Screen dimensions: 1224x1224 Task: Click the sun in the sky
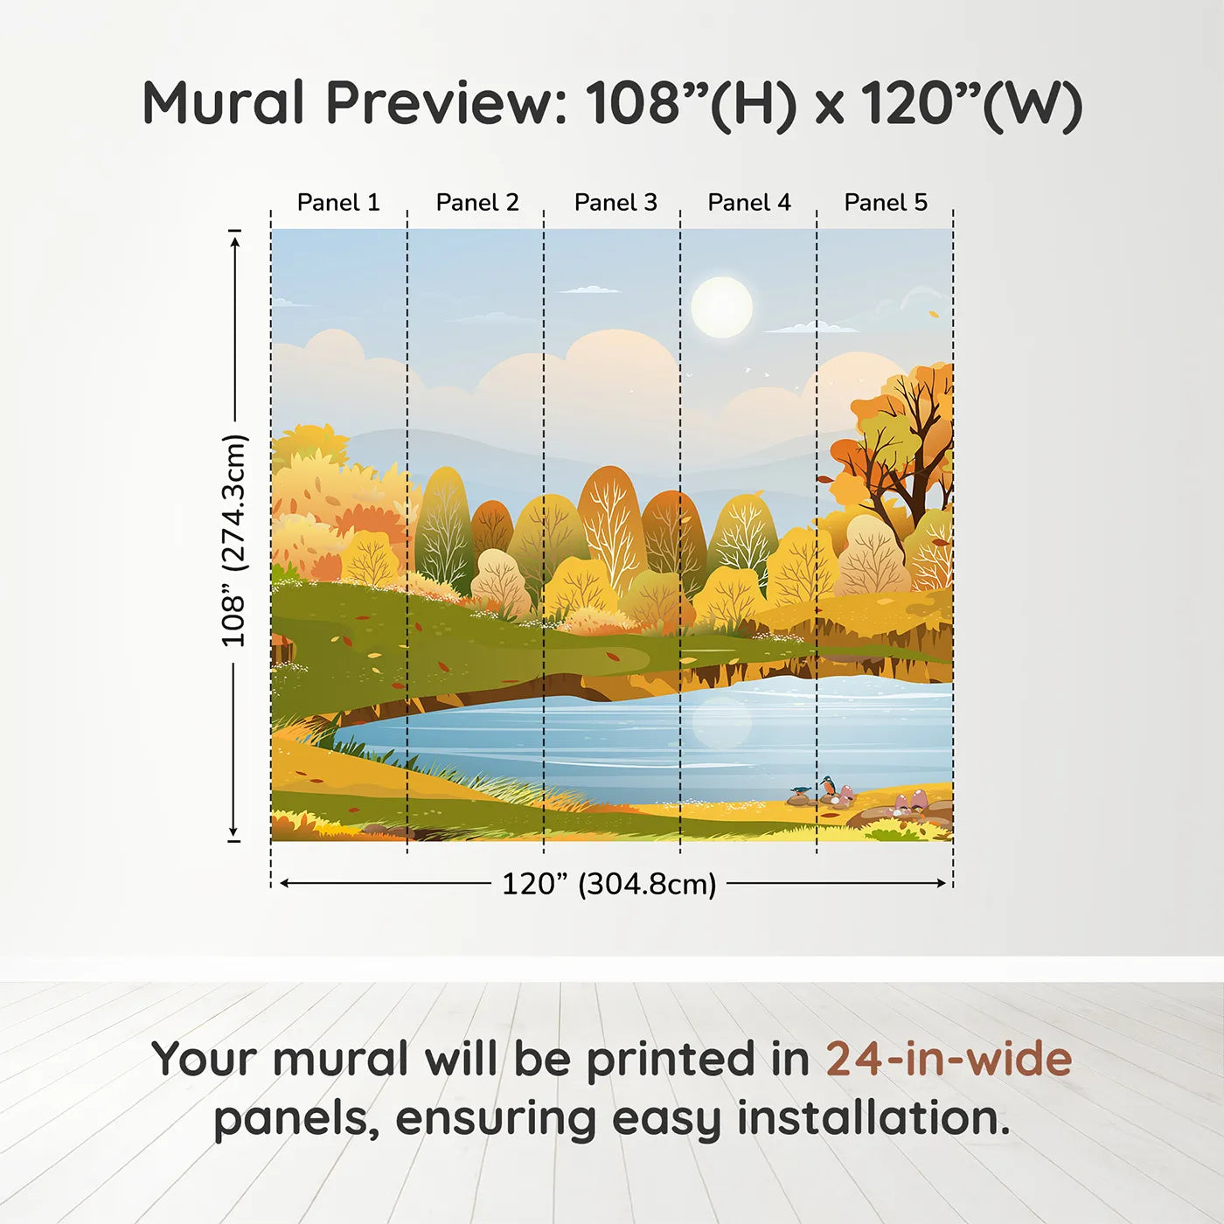pyautogui.click(x=721, y=307)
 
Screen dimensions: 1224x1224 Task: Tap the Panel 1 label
pyautogui.click(x=338, y=203)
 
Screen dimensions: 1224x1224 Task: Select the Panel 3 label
pyautogui.click(x=615, y=203)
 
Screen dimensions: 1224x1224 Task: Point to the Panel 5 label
pyautogui.click(x=886, y=203)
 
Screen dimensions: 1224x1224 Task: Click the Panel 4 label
pyautogui.click(x=749, y=203)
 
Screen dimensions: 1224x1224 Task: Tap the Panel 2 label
pyautogui.click(x=477, y=203)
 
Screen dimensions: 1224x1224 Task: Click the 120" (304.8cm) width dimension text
pyautogui.click(x=609, y=884)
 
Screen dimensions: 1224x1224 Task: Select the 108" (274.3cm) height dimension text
pyautogui.click(x=234, y=540)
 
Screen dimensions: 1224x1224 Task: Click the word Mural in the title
pyautogui.click(x=223, y=103)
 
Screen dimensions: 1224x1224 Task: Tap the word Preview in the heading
pyautogui.click(x=446, y=103)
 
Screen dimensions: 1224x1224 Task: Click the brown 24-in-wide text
pyautogui.click(x=949, y=1060)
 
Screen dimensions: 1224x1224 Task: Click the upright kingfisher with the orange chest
pyautogui.click(x=828, y=786)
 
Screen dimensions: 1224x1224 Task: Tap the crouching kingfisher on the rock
pyautogui.click(x=799, y=792)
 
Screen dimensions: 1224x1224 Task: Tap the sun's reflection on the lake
pyautogui.click(x=721, y=722)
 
